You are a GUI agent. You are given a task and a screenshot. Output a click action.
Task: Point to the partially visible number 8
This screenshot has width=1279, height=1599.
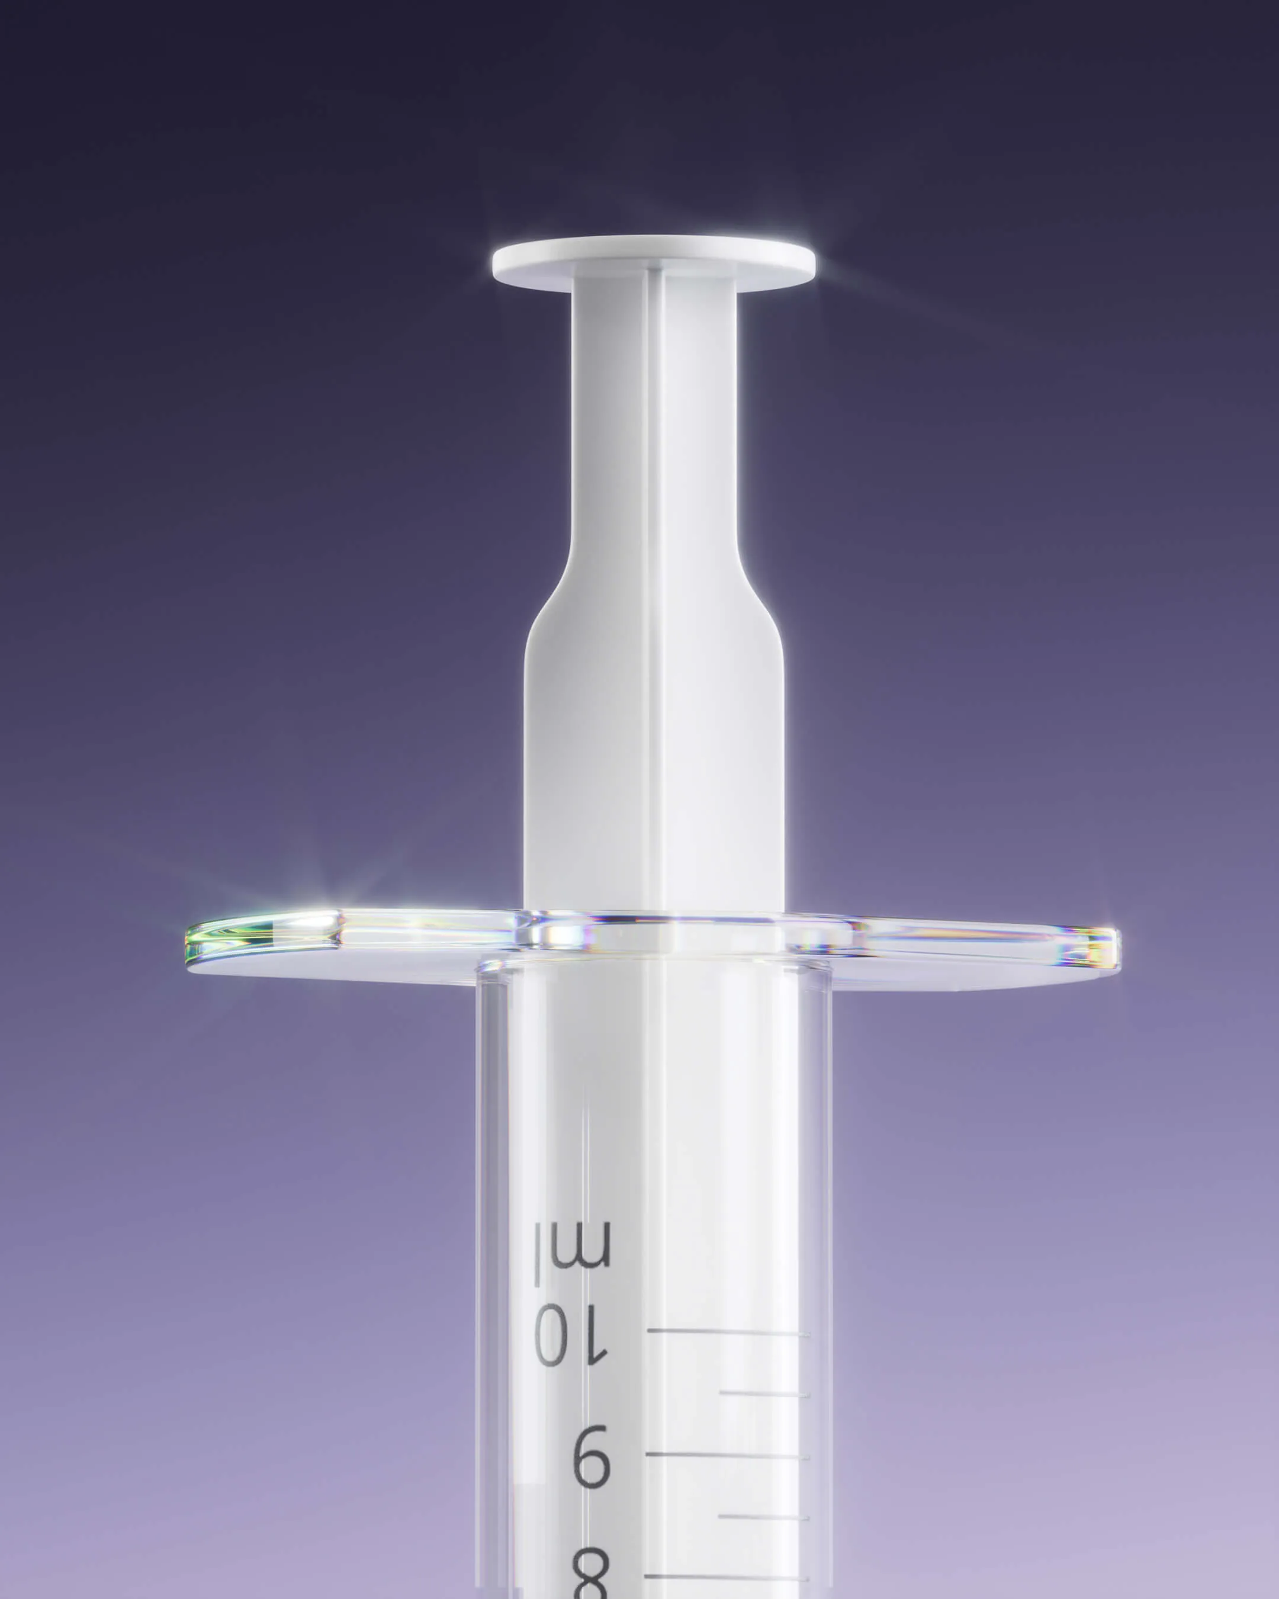point(591,1576)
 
